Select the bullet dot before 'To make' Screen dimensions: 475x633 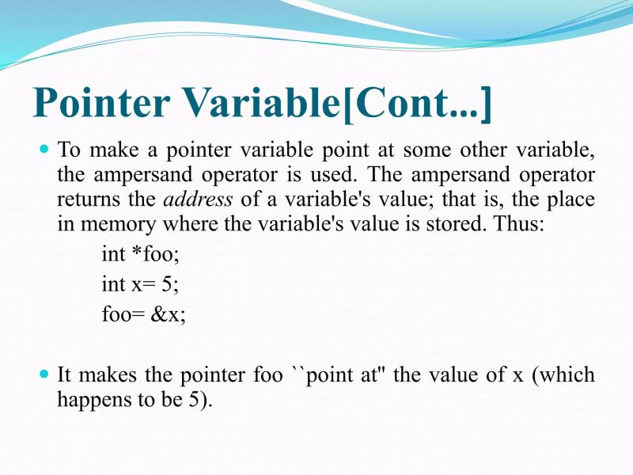pos(45,148)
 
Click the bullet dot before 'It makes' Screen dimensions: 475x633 pos(45,372)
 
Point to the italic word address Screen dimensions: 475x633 pos(198,198)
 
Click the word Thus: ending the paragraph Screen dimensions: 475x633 pos(519,222)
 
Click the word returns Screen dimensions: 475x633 pos(86,198)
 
